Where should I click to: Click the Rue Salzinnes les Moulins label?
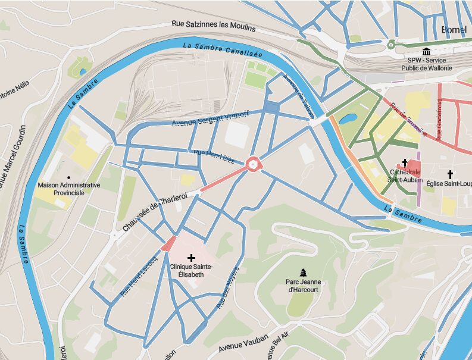[213, 27]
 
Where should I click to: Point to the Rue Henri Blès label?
[214, 156]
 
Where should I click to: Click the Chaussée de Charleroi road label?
[155, 211]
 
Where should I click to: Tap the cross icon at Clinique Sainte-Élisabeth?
[191, 258]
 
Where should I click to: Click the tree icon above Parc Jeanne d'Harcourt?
[303, 273]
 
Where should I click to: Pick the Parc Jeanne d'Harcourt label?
[302, 286]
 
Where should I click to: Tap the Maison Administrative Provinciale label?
[68, 189]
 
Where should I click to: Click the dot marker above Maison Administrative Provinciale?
[68, 177]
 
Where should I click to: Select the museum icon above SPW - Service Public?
[426, 51]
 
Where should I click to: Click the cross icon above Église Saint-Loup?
[450, 174]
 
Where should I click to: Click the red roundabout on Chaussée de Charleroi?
[254, 164]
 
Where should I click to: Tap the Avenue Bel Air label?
[276, 341]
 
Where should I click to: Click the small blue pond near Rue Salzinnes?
[82, 72]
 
